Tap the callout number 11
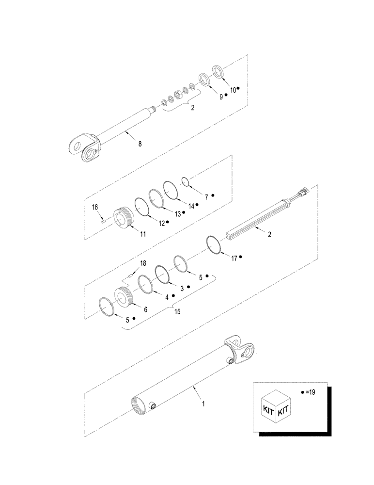(143, 233)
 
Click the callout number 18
(142, 263)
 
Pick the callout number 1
(203, 403)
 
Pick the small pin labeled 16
(104, 219)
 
